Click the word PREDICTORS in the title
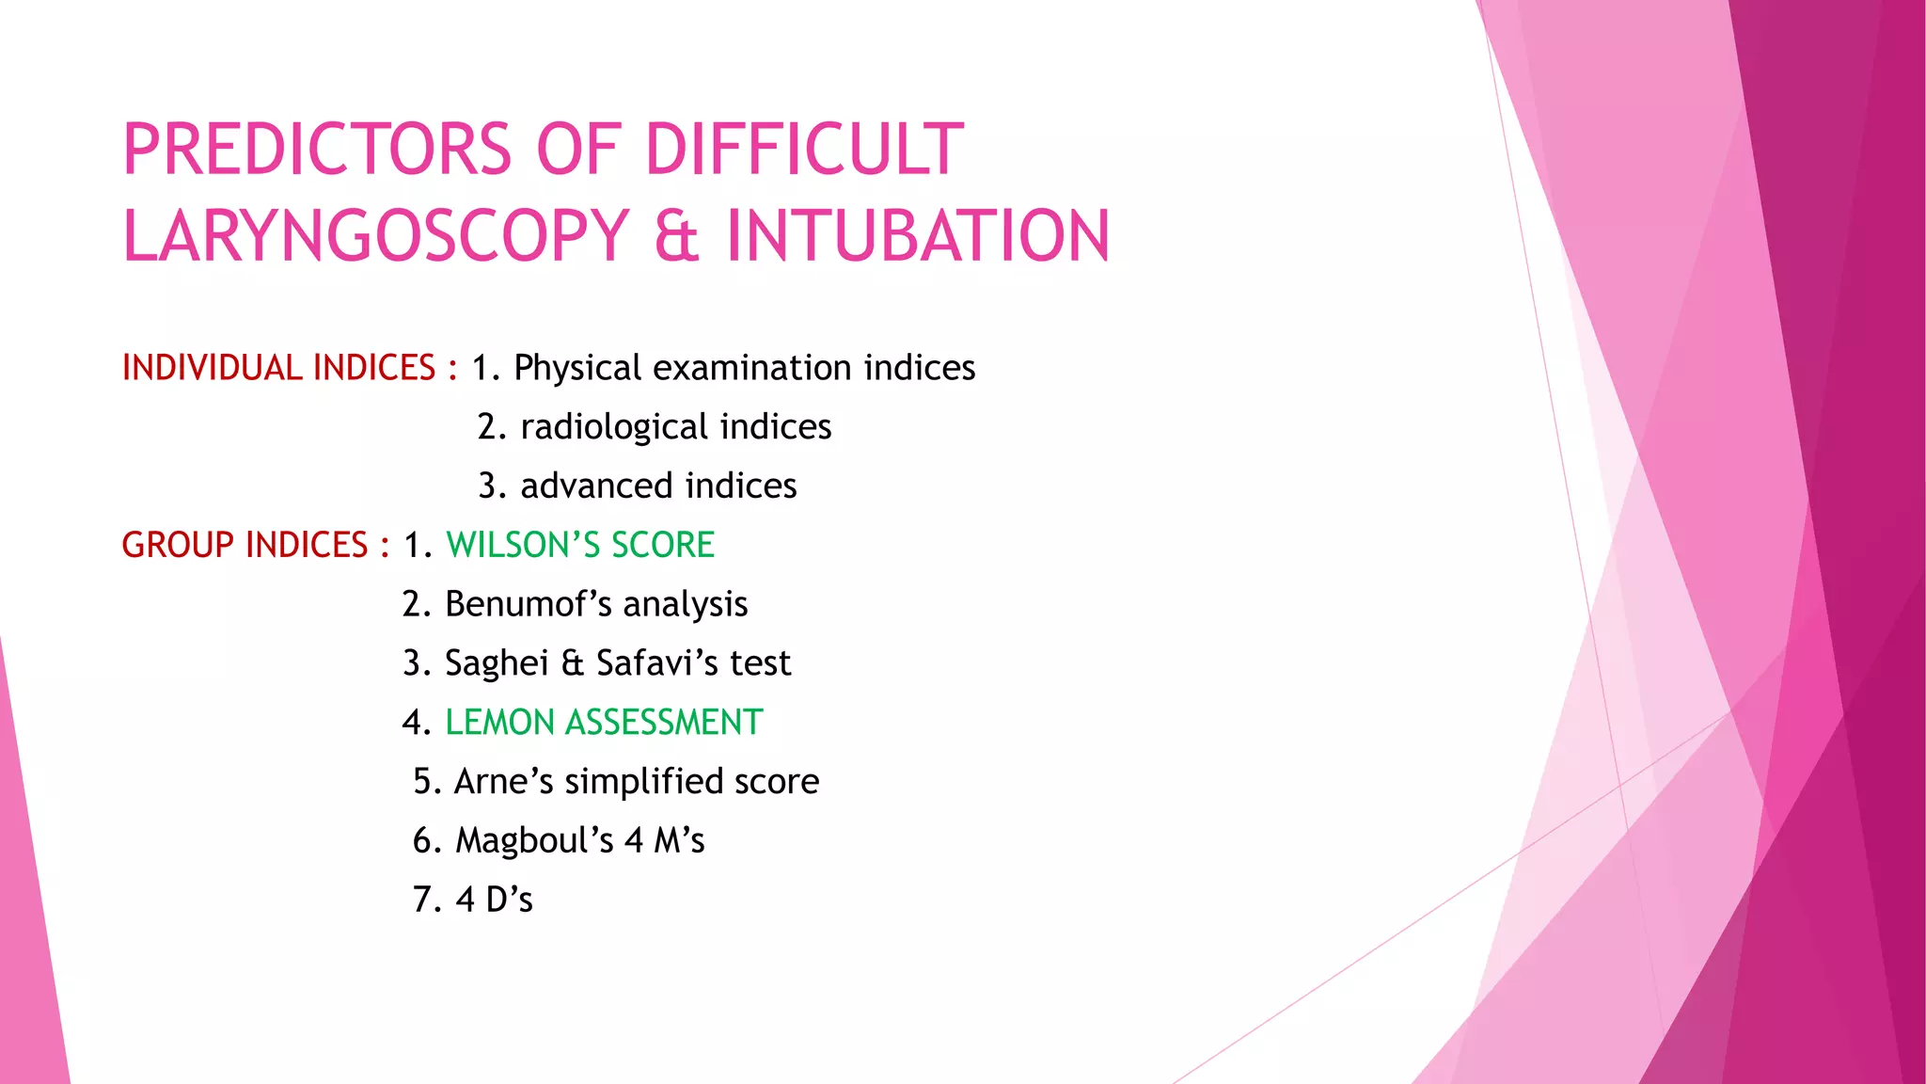pyautogui.click(x=317, y=151)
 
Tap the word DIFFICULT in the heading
pyautogui.click(x=804, y=151)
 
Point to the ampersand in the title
pyautogui.click(x=677, y=236)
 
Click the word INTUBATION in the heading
pyautogui.click(x=918, y=235)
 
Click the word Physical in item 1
pyautogui.click(x=577, y=368)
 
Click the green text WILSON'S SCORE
pyautogui.click(x=580, y=546)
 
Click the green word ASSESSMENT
pyautogui.click(x=664, y=723)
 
